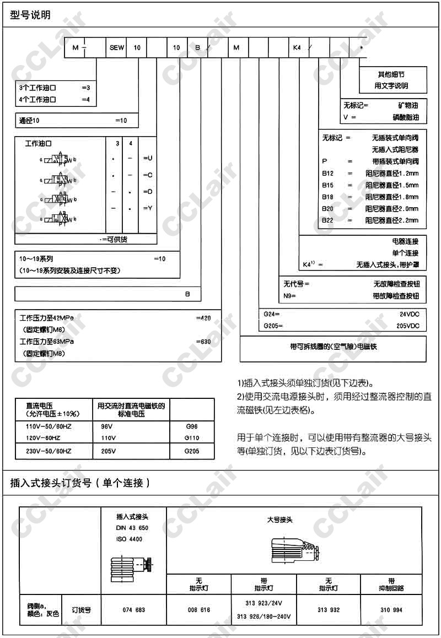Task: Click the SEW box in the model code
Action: (x=117, y=48)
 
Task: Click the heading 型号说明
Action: (x=30, y=15)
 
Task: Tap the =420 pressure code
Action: (x=203, y=318)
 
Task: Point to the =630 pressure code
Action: (x=203, y=342)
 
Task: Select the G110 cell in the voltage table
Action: (x=192, y=438)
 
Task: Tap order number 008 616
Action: (x=199, y=610)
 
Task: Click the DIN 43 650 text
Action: (x=132, y=528)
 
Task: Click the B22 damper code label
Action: (x=328, y=220)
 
